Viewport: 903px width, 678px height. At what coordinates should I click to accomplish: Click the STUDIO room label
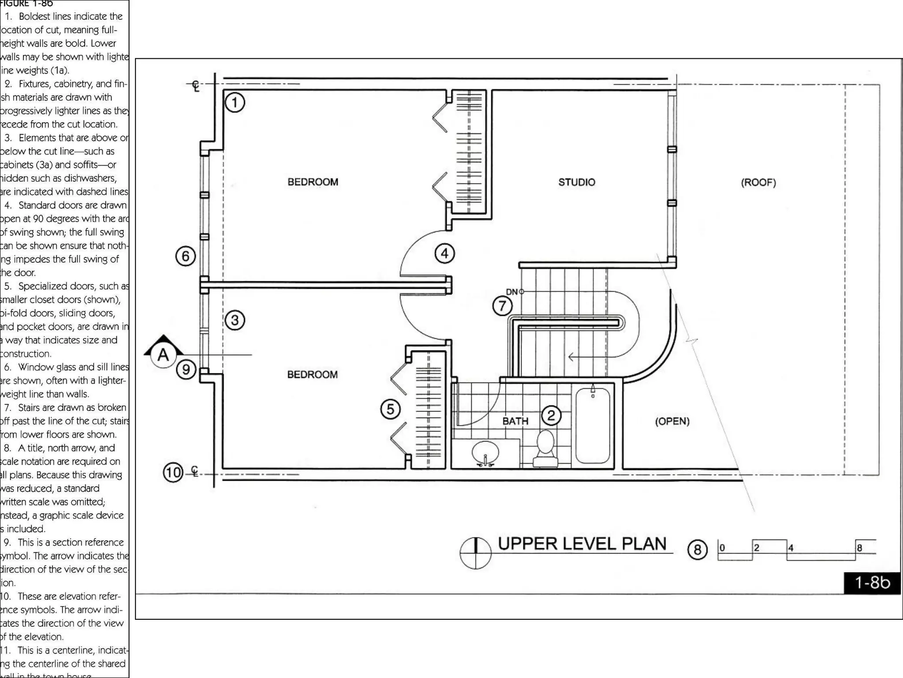click(576, 182)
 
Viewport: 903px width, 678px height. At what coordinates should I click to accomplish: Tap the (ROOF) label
click(758, 182)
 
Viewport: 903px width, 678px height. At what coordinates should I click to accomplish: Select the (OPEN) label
click(672, 421)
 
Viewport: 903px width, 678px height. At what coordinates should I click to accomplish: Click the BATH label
click(515, 421)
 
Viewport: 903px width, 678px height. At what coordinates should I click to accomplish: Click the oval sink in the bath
click(485, 452)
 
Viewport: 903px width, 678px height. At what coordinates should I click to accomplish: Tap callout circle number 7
click(502, 306)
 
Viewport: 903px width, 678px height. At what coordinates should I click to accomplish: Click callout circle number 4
click(444, 253)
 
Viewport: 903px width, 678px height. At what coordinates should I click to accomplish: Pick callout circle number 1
click(235, 102)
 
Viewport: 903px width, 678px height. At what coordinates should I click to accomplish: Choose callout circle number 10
click(173, 473)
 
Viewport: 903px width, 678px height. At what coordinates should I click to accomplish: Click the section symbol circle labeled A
click(163, 354)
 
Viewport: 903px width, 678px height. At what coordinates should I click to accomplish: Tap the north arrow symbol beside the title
click(475, 553)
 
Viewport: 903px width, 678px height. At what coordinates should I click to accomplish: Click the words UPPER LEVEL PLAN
click(582, 544)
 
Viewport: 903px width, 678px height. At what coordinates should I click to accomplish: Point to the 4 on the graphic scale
click(791, 548)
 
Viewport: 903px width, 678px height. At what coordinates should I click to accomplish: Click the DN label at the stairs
click(511, 292)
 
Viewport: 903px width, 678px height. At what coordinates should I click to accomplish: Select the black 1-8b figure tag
click(872, 583)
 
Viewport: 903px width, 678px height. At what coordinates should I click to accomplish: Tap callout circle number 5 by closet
click(390, 409)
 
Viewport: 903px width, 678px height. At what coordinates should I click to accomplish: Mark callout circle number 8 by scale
click(697, 550)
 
